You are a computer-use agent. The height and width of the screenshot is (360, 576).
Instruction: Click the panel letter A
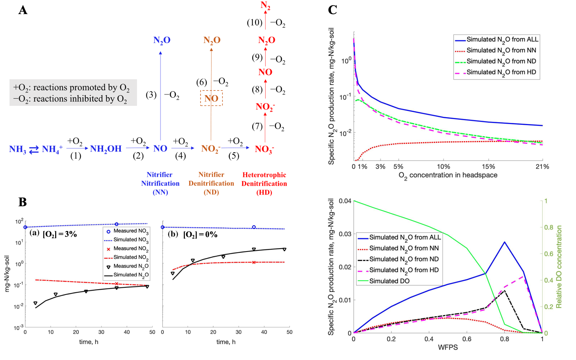(23, 10)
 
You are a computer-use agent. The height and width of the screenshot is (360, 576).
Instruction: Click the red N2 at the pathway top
(265, 6)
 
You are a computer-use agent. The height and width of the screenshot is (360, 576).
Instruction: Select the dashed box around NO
(211, 98)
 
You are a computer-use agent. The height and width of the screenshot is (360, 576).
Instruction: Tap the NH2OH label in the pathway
(106, 149)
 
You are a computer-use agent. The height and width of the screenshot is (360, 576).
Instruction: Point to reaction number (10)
(255, 22)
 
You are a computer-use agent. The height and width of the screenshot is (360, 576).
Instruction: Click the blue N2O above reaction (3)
(162, 40)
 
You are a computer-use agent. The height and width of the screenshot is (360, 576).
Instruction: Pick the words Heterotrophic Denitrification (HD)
(264, 183)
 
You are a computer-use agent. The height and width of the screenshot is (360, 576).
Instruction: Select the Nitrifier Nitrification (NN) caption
(160, 183)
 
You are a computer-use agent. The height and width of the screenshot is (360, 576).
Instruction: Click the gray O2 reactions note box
(73, 92)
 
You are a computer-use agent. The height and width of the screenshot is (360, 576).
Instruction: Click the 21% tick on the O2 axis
(542, 167)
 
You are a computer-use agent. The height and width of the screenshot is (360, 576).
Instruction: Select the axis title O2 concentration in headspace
(448, 175)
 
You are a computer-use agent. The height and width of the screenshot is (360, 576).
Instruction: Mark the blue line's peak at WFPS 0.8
(504, 242)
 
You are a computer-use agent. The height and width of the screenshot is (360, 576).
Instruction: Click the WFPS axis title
(448, 347)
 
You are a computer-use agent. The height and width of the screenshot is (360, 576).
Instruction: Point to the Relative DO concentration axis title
(559, 267)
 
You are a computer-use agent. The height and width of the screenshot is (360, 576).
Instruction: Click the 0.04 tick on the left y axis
(345, 201)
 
